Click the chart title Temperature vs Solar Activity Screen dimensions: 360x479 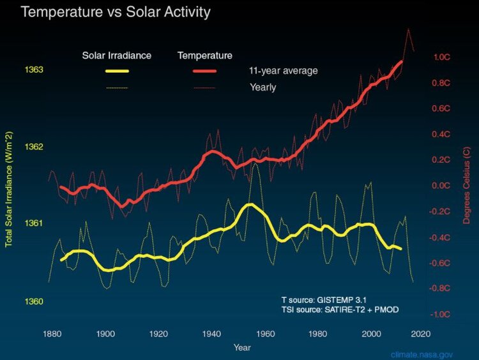[116, 12]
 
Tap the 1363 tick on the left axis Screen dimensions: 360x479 [34, 70]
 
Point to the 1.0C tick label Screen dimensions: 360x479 [443, 57]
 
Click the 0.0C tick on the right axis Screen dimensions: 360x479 [443, 186]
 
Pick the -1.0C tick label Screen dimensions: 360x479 [441, 315]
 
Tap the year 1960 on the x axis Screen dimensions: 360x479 [267, 333]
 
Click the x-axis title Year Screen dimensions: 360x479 [242, 348]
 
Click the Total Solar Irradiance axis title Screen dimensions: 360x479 [10, 186]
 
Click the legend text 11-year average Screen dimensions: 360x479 [284, 70]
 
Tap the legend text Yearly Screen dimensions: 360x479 [262, 87]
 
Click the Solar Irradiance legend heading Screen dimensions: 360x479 [117, 56]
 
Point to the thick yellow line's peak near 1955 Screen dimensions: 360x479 [250, 205]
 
